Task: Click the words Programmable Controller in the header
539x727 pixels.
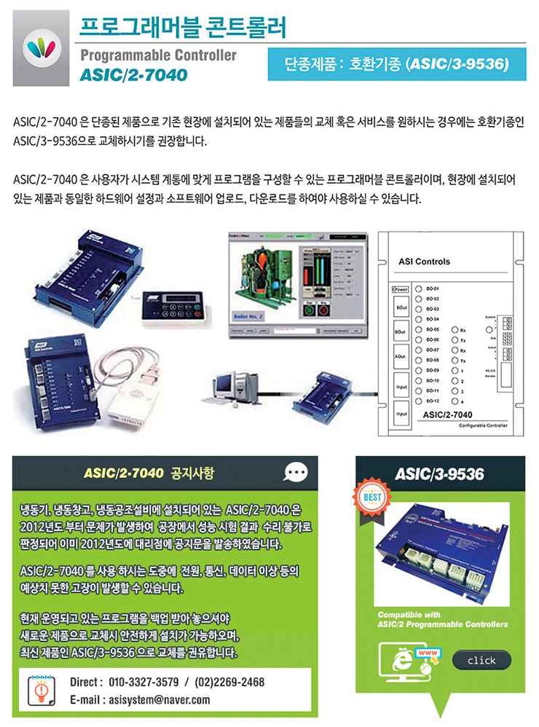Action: (157, 55)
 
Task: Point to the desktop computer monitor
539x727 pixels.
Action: (233, 383)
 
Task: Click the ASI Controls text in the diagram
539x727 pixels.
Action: (425, 262)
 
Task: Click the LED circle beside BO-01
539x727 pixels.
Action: (418, 288)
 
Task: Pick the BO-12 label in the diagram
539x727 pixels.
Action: (432, 401)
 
